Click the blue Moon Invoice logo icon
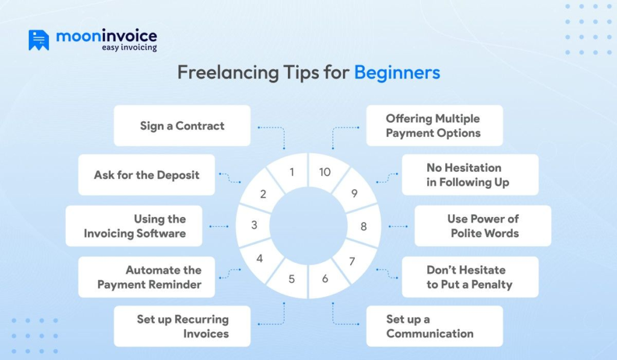point(39,40)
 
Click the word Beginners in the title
point(396,73)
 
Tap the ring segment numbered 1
point(291,172)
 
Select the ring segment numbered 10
point(325,172)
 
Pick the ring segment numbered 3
point(254,226)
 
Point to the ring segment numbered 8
point(363,227)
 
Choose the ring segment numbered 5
point(292,279)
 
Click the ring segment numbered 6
point(325,279)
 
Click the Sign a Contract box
point(182,125)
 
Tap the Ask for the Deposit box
point(146,175)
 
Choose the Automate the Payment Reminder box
point(146,277)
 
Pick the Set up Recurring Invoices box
point(182,326)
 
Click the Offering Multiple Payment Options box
point(434,125)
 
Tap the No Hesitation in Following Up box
point(469,175)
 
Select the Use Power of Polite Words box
point(483,226)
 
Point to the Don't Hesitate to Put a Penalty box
point(469,277)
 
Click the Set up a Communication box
point(434,326)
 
